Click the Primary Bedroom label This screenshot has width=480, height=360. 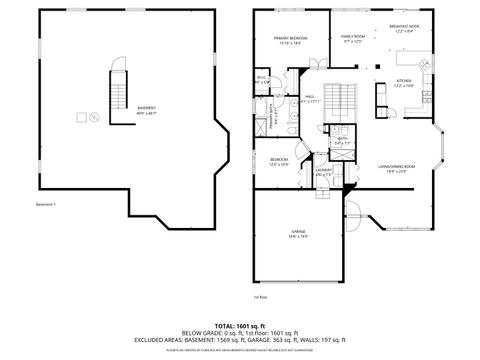pyautogui.click(x=291, y=40)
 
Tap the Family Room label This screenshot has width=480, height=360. pyautogui.click(x=353, y=40)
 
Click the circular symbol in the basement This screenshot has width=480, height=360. pyautogui.click(x=94, y=118)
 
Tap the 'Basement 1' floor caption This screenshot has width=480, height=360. pyautogui.click(x=46, y=205)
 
